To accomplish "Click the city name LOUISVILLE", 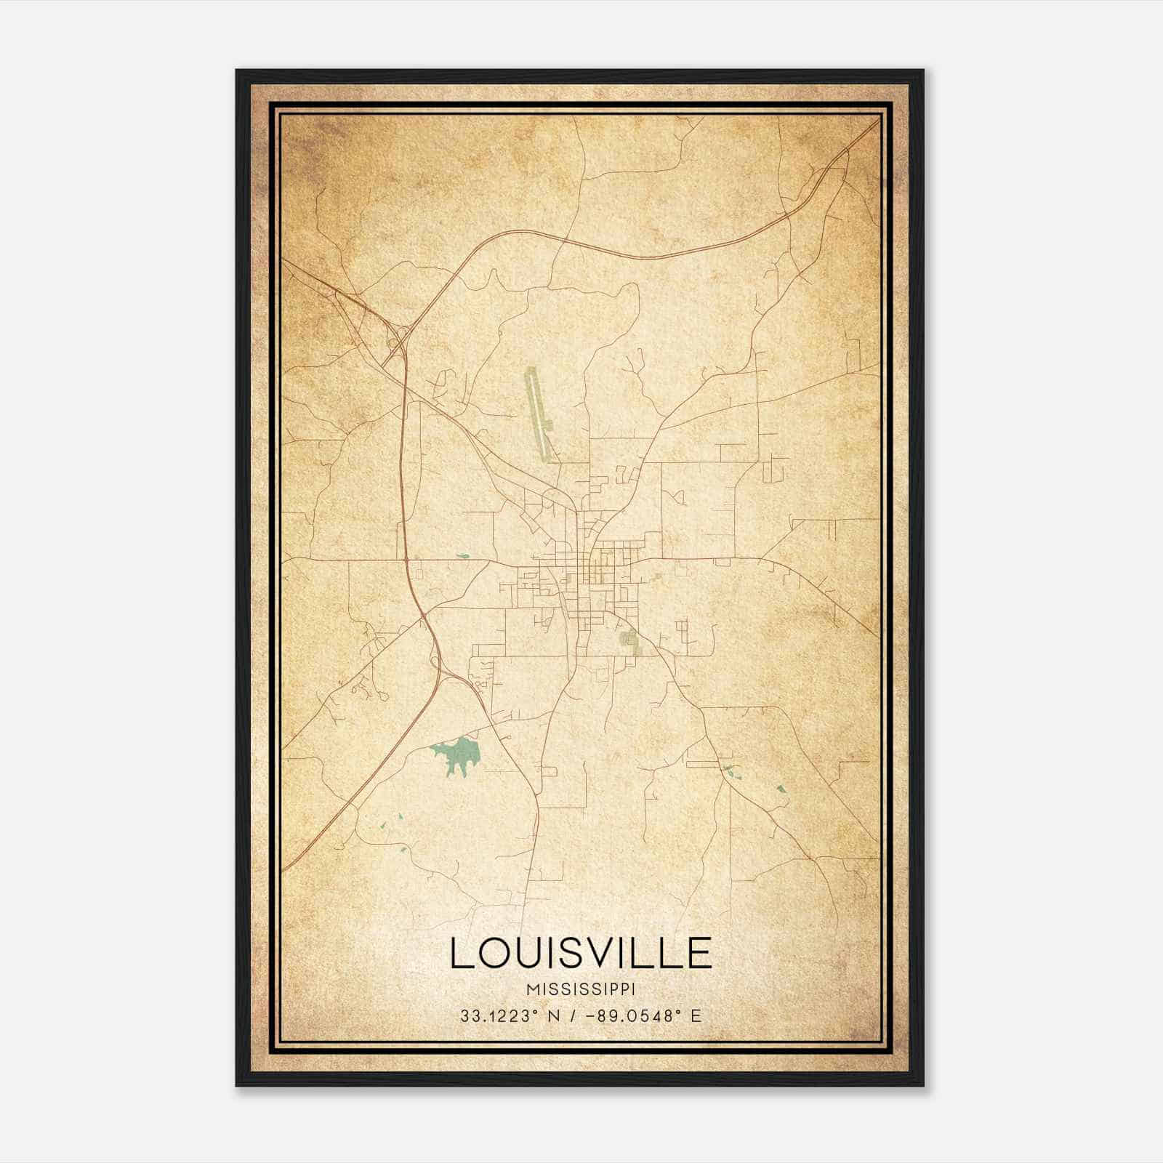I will (581, 952).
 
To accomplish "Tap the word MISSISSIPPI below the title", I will (581, 989).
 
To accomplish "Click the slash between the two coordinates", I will (572, 1015).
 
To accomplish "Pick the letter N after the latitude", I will (555, 1015).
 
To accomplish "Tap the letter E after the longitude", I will (696, 1015).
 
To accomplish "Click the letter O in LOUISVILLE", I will (494, 952).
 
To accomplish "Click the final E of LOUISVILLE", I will (699, 952).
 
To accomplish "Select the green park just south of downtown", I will (627, 640).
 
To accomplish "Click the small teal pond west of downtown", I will (462, 558).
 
